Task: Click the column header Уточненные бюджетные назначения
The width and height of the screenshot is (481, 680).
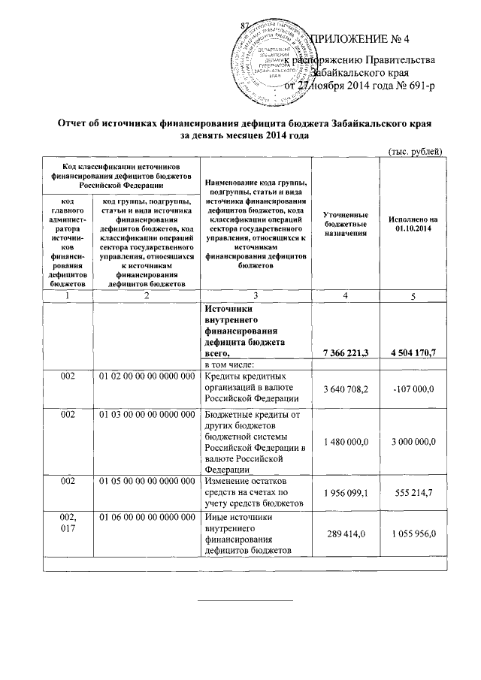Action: (345, 223)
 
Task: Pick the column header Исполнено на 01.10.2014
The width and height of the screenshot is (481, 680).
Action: (413, 223)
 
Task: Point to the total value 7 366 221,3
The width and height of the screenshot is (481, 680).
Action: (345, 353)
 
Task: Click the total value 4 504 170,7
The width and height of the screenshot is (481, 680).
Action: (413, 353)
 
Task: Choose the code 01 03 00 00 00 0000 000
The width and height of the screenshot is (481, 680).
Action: (146, 416)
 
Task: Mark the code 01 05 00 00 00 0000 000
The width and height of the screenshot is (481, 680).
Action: (146, 481)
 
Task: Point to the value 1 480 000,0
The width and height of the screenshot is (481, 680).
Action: (345, 443)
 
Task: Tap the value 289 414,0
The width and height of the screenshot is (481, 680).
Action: (345, 535)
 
